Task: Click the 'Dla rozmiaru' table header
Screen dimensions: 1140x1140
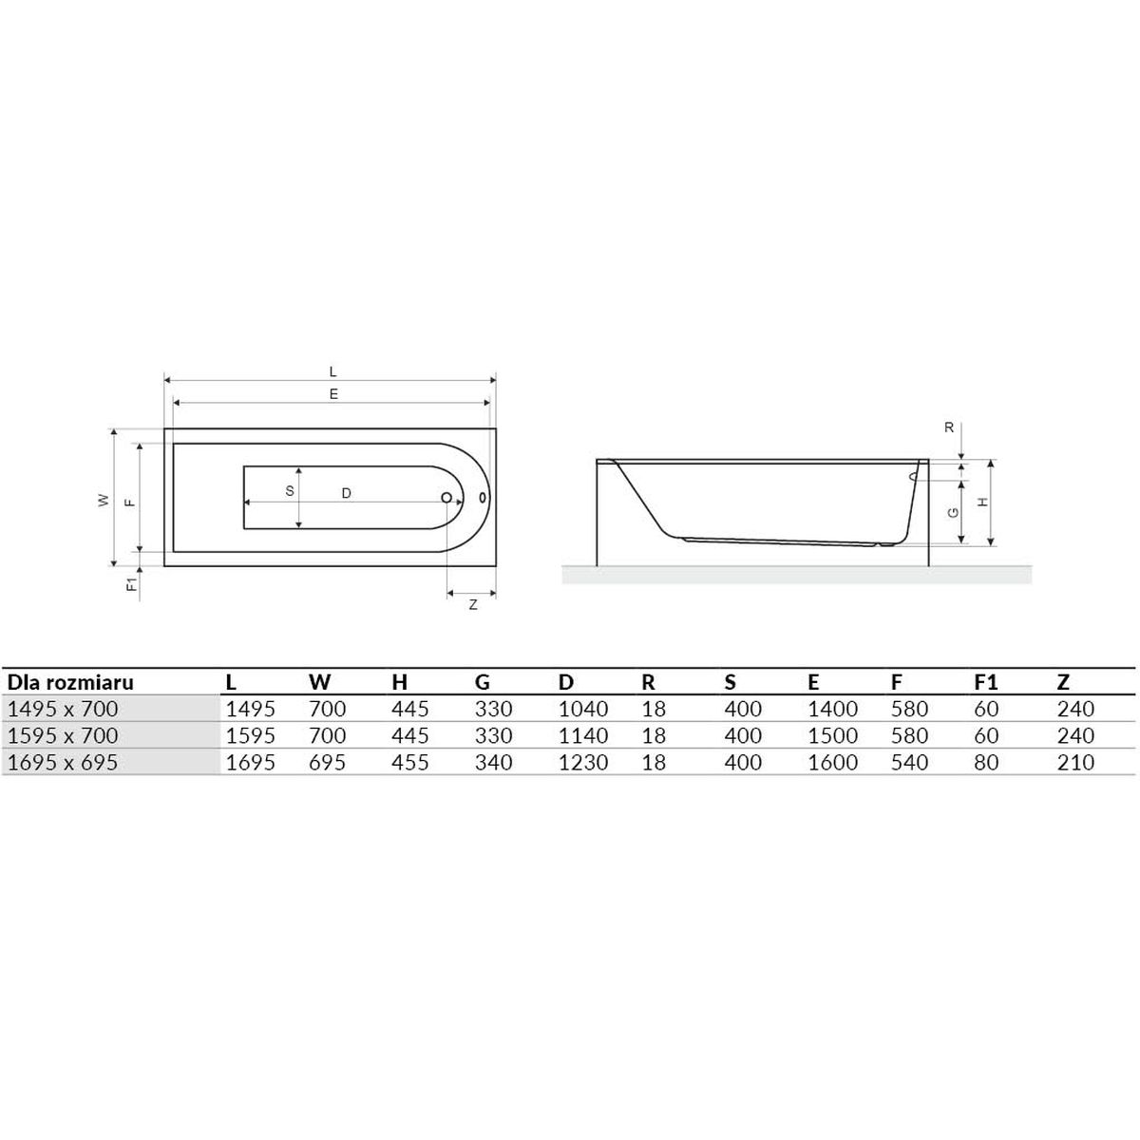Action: [x=70, y=683]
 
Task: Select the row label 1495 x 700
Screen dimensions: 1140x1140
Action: [x=63, y=709]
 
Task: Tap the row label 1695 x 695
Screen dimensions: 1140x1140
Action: [x=63, y=762]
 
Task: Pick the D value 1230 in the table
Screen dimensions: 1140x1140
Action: [x=583, y=762]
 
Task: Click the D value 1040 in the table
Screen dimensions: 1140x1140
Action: [x=583, y=709]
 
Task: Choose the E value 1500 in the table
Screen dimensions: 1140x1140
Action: [x=833, y=735]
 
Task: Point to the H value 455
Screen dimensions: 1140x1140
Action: [x=410, y=762]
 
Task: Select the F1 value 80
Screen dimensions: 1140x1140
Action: [x=986, y=762]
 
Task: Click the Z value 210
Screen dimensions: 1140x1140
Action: [x=1076, y=762]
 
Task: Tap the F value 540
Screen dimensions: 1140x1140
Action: [x=909, y=762]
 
